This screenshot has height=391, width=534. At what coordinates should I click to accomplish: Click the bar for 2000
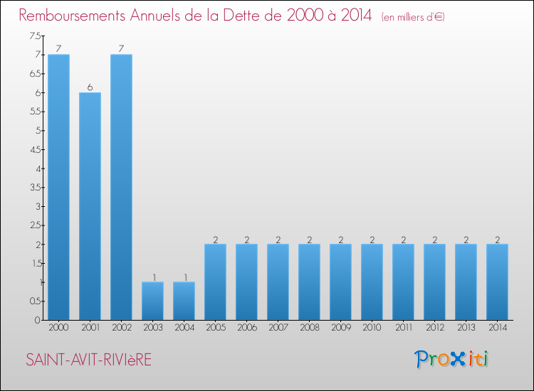click(58, 187)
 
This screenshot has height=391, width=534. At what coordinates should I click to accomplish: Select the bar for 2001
click(90, 206)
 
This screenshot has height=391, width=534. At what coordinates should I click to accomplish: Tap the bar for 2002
click(121, 187)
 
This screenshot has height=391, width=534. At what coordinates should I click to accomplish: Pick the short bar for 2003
click(152, 301)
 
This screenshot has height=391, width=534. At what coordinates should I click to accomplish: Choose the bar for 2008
click(309, 282)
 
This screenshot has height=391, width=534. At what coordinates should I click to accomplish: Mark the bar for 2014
click(497, 282)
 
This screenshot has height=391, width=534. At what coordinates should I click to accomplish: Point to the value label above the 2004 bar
click(184, 277)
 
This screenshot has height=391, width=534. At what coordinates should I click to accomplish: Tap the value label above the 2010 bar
click(372, 240)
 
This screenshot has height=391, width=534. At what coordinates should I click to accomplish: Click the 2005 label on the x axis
click(215, 328)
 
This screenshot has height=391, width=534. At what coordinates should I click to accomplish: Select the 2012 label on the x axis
click(434, 328)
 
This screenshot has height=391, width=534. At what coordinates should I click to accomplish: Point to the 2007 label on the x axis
click(278, 328)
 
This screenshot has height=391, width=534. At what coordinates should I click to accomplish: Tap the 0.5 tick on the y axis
click(34, 301)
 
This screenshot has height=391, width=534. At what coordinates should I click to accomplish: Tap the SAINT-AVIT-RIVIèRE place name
click(89, 360)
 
